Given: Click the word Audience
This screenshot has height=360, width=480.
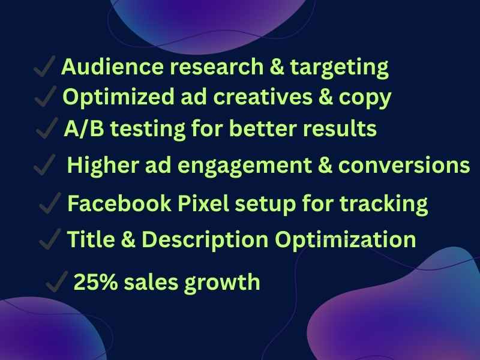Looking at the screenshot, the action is point(112,67).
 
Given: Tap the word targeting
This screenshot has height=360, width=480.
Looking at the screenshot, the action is point(339,68).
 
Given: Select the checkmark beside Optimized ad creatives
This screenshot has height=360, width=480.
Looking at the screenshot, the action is point(46,96).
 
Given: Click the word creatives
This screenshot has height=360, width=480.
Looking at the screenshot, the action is point(263,97).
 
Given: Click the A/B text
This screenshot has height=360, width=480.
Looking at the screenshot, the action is point(84,128).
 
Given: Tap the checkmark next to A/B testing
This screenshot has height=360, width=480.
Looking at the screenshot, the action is point(47,128).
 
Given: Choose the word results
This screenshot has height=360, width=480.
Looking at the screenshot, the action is point(340,128).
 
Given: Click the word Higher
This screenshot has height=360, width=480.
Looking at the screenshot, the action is point(103,166).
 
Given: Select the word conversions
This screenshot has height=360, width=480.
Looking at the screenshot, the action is point(404,165).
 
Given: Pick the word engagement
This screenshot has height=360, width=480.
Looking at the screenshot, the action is point(245,166).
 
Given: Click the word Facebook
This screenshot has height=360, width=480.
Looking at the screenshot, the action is point(119,203).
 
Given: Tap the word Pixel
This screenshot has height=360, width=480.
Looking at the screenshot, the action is point(203,203).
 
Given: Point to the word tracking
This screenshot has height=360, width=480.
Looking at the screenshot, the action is point(384,205).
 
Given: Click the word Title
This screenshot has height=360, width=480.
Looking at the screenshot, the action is point(91,239).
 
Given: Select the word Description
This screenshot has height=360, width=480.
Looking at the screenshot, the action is point(205,241).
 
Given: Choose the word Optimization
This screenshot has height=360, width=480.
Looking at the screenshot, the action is point(346,241).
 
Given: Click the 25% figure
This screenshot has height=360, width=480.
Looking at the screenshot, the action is point(96,281).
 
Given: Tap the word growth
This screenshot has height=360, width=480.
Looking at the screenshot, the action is point(222,283).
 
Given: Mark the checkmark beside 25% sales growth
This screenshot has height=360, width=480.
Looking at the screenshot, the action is point(56,281).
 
